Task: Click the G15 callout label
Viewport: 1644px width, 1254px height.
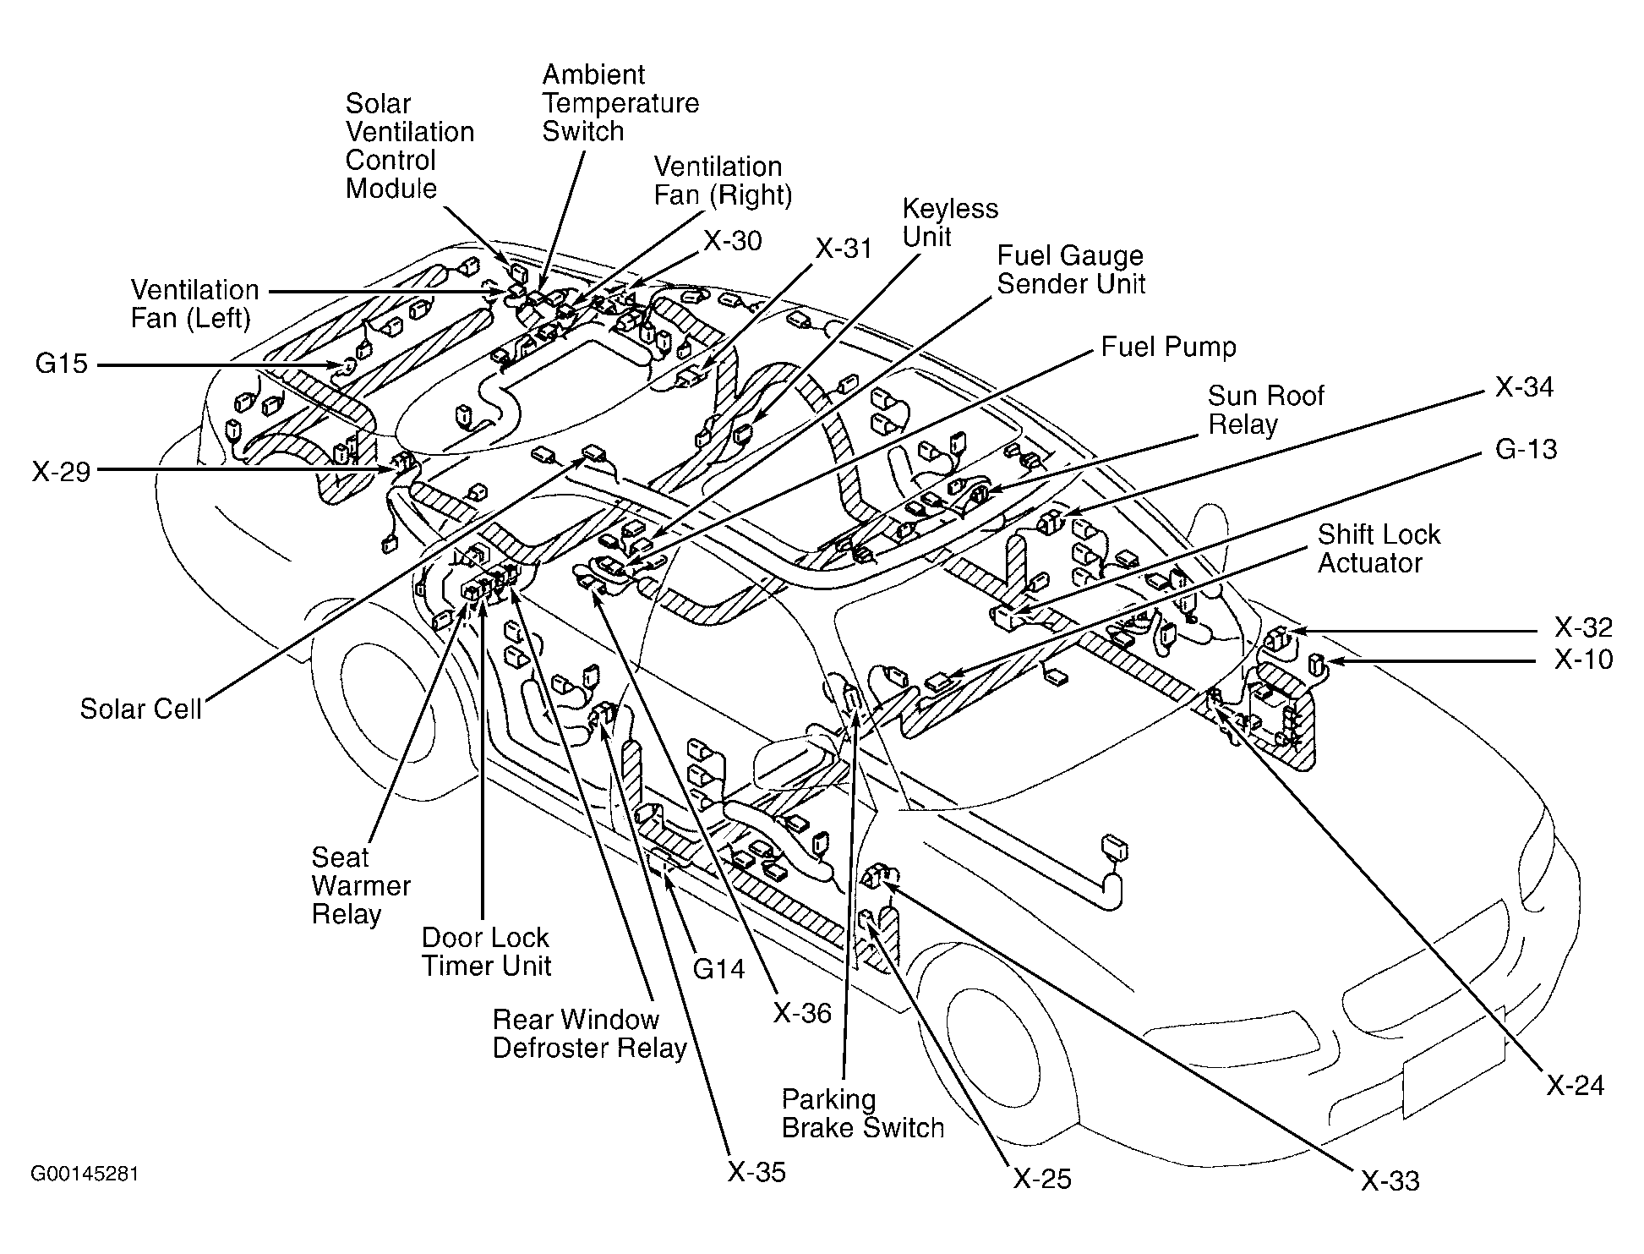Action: coord(61,364)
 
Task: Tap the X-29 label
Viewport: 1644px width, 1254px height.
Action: coord(61,471)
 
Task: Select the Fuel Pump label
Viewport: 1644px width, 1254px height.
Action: coord(1168,347)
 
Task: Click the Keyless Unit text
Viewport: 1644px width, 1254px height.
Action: coord(949,222)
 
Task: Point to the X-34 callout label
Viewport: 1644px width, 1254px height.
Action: coord(1524,387)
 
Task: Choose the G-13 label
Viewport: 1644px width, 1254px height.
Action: coord(1526,449)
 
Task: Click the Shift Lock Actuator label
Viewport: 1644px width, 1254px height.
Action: coord(1378,549)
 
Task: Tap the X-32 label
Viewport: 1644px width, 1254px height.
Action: coord(1583,627)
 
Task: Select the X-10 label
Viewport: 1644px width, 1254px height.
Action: coord(1583,660)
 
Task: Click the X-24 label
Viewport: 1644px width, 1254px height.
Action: coord(1575,1086)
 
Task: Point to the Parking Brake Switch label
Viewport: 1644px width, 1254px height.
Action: coord(862,1114)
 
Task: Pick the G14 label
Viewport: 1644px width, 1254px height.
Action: coord(718,969)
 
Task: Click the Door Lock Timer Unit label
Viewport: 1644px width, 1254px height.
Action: coord(486,952)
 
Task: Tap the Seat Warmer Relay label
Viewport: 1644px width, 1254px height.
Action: coord(360,885)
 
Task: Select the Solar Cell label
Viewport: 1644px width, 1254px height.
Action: coord(140,709)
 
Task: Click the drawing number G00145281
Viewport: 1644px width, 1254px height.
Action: coord(85,1175)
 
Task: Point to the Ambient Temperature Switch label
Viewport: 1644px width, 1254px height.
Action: coord(620,103)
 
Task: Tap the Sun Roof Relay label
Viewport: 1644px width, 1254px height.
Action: coord(1265,410)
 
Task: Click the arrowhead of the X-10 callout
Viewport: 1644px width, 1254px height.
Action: coord(1330,660)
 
